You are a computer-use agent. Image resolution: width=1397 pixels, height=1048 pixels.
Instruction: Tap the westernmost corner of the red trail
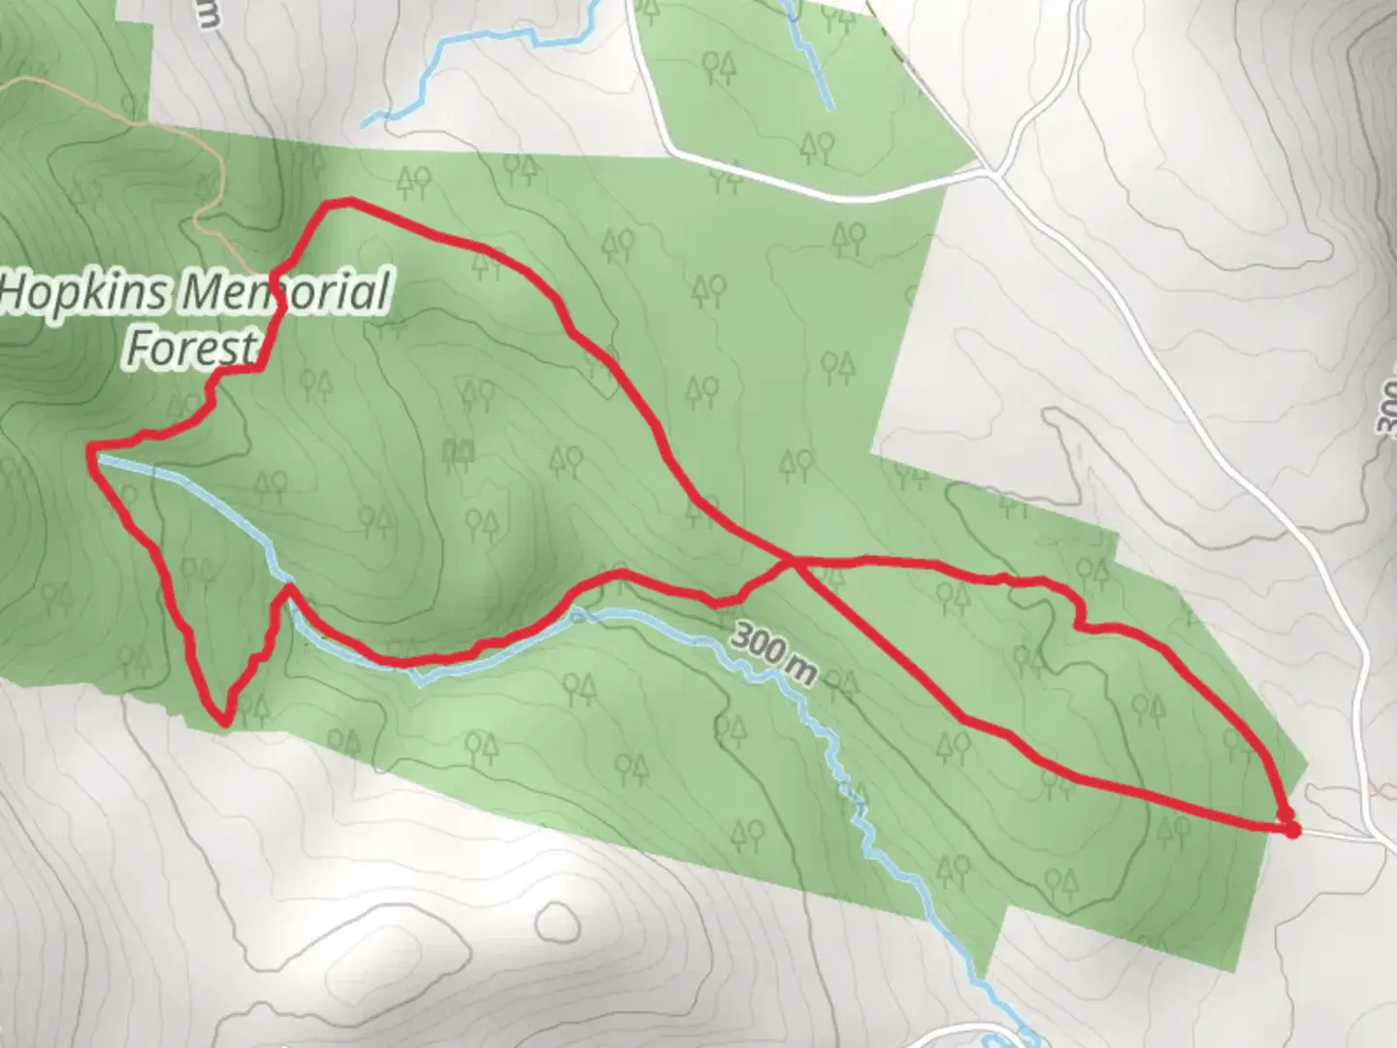coord(91,450)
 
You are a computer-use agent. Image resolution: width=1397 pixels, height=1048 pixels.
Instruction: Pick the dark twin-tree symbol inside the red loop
coord(458,450)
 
